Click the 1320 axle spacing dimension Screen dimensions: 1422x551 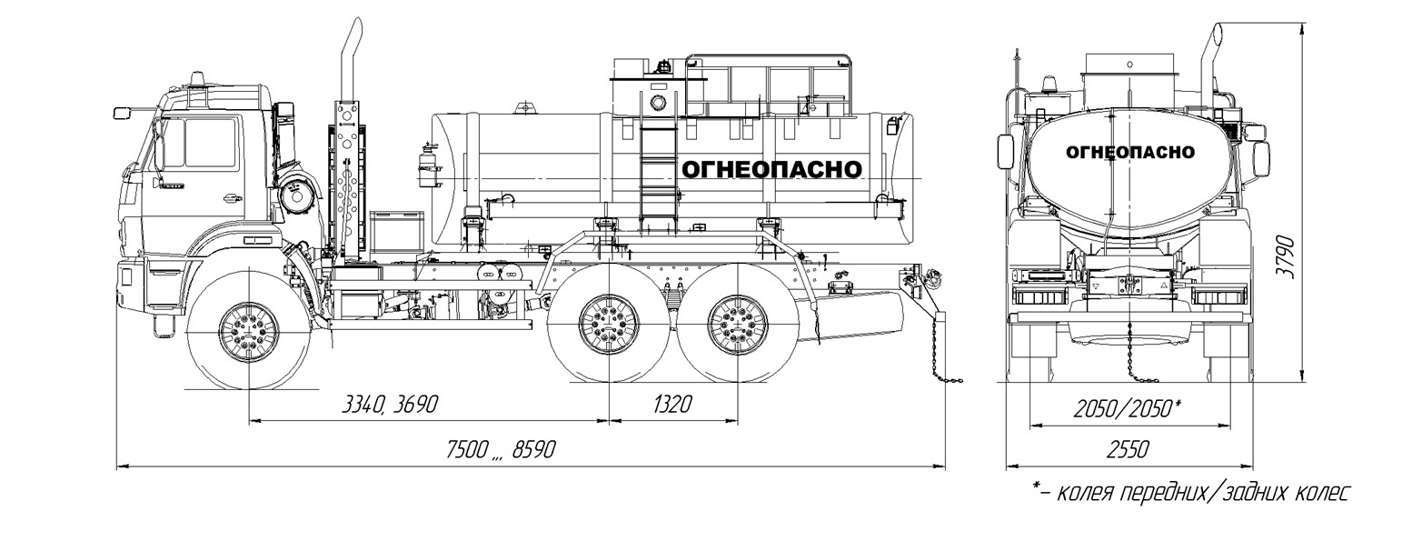pos(671,404)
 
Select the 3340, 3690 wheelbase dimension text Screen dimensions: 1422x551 pos(390,405)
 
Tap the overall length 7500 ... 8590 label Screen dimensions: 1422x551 pos(501,450)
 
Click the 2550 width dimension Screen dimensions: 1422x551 pos(1129,450)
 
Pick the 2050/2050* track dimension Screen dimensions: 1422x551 pos(1127,409)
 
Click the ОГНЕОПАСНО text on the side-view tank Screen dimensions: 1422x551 pos(771,170)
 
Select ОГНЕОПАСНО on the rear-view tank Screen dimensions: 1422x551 pos(1130,153)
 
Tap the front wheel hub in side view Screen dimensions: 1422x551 pos(249,332)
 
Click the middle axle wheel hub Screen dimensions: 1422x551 pos(609,325)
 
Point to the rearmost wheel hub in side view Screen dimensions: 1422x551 pos(738,325)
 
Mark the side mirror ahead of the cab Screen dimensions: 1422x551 pos(122,113)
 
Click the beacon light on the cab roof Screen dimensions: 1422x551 pos(199,79)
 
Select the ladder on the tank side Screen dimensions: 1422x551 pos(656,172)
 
